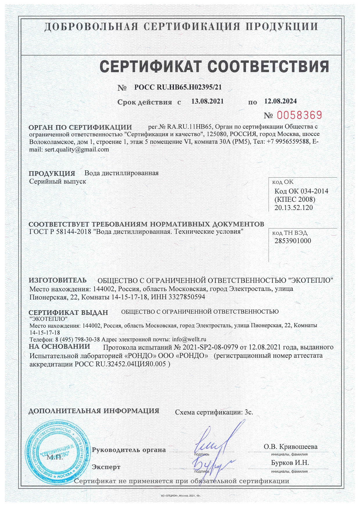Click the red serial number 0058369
pyautogui.click(x=299, y=115)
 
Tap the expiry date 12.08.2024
pyautogui.click(x=280, y=101)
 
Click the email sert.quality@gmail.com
pyautogui.click(x=77, y=150)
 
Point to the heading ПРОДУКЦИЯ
pyautogui.click(x=52, y=174)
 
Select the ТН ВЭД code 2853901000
pyautogui.click(x=293, y=241)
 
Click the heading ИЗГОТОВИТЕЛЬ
pyautogui.click(x=57, y=280)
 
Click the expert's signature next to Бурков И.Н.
pyautogui.click(x=212, y=465)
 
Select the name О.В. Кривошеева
pyautogui.click(x=290, y=447)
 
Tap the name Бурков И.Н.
pyautogui.click(x=290, y=463)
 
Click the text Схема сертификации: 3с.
pyautogui.click(x=214, y=412)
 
